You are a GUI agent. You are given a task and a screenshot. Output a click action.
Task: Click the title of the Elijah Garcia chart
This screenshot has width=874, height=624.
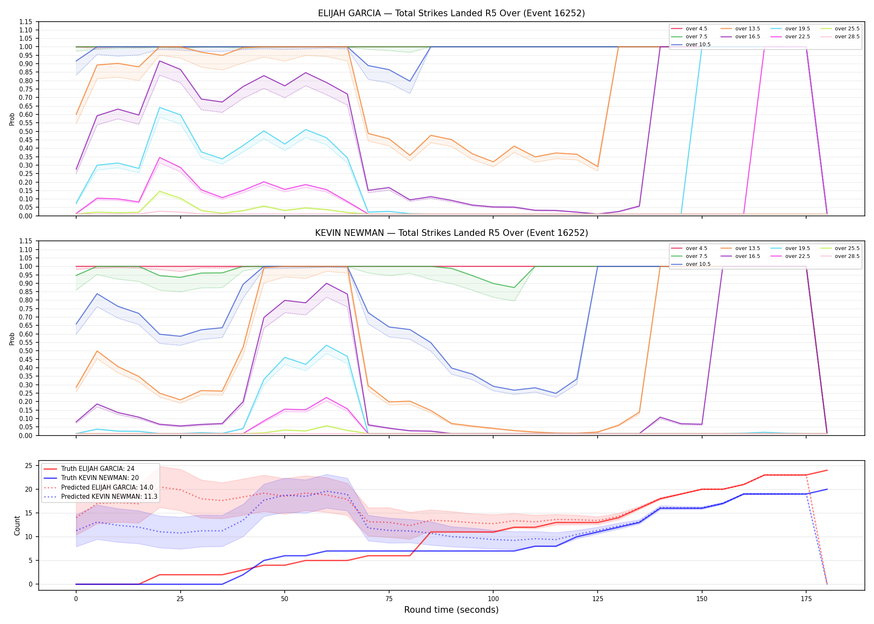pos(451,13)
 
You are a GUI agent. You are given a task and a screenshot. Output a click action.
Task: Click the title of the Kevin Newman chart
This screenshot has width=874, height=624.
pos(451,233)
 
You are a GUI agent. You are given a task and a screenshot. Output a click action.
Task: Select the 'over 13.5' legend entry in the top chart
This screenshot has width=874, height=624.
pos(740,29)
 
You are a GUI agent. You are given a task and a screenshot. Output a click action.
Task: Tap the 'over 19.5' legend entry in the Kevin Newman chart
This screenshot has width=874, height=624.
pos(790,248)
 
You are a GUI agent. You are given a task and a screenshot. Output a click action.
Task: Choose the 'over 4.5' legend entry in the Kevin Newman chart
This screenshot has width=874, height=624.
pos(689,248)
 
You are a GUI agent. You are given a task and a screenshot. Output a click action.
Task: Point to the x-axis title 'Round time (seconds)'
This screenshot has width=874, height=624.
pos(451,610)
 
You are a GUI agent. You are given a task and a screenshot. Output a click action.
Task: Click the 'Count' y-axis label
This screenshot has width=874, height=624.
pos(17,525)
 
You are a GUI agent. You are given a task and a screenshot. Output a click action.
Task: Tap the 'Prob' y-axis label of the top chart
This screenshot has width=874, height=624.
pos(12,119)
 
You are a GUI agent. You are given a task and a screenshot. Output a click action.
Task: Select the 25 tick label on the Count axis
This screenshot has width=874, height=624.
pos(29,466)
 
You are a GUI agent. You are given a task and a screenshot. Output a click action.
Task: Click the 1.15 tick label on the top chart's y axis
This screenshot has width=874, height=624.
pos(26,22)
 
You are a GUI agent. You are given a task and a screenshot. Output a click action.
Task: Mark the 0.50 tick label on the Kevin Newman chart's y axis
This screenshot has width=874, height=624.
pos(26,351)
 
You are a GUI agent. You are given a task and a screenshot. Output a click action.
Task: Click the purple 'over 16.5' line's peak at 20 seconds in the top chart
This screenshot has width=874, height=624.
pos(159,61)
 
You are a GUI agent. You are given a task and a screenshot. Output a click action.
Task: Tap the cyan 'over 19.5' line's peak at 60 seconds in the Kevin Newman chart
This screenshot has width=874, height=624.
pos(327,345)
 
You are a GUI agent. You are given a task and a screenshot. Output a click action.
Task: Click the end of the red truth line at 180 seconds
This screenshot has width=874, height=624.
pos(827,470)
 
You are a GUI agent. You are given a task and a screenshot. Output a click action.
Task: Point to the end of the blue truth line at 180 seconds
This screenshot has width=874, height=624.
pos(827,489)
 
